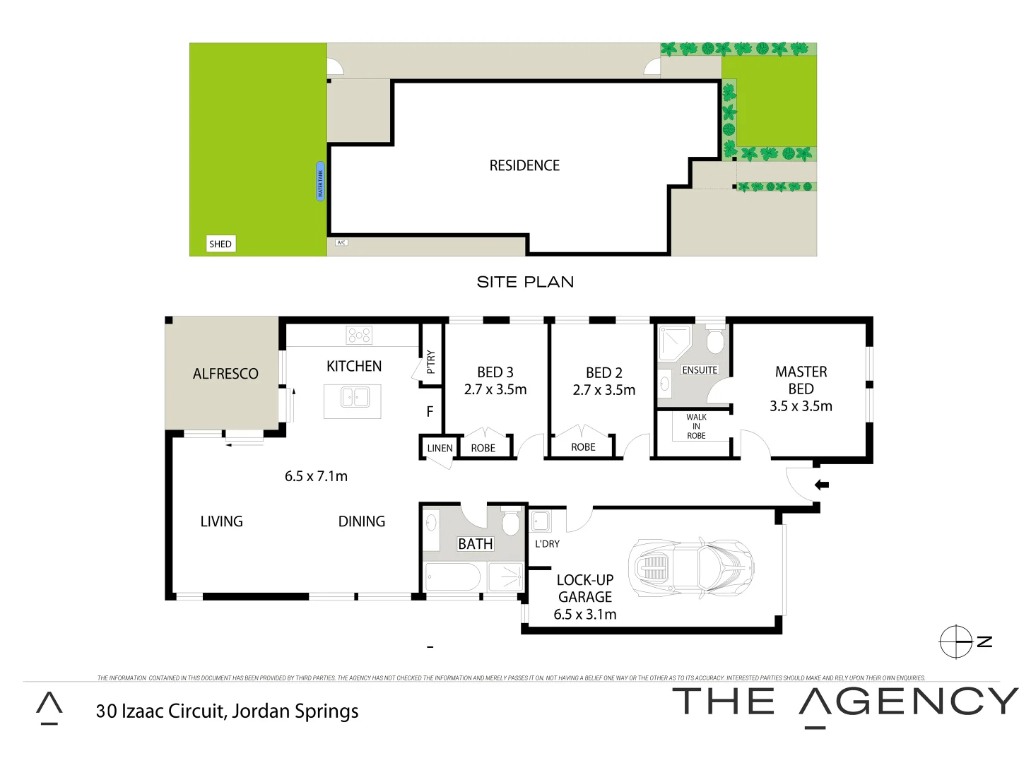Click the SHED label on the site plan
tap(220, 244)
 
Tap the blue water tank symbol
tap(320, 181)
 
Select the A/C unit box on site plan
tap(341, 242)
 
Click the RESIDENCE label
tap(524, 165)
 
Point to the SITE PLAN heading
tap(525, 282)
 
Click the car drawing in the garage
tap(691, 567)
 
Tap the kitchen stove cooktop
tap(359, 335)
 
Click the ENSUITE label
tap(700, 370)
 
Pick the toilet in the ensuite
tap(715, 341)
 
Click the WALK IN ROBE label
tap(696, 427)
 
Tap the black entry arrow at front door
tap(822, 485)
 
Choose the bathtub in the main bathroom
tap(453, 577)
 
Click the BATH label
tap(476, 544)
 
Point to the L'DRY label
tap(547, 544)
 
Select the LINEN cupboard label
tap(440, 448)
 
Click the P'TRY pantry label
tap(431, 362)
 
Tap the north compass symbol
tap(956, 642)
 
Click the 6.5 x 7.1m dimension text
tap(316, 476)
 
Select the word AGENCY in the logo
tap(909, 702)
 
